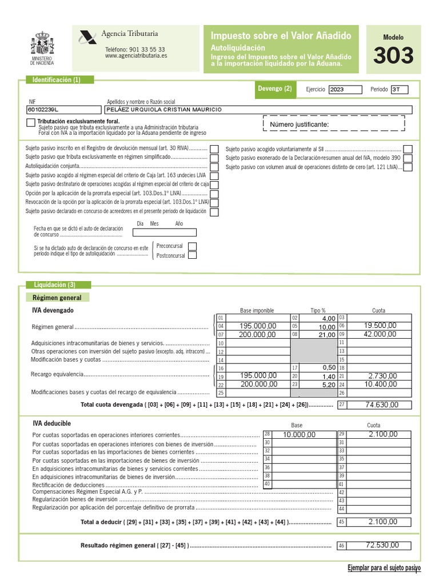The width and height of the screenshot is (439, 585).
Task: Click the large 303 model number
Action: (x=393, y=56)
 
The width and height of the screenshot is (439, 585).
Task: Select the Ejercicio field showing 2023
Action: (x=345, y=89)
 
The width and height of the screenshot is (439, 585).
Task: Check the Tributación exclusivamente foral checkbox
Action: (x=30, y=123)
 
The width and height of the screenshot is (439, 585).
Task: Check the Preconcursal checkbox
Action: (x=192, y=246)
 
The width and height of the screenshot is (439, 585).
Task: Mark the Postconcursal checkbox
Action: (x=192, y=255)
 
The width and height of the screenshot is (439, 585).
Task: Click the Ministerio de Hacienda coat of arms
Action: (x=42, y=44)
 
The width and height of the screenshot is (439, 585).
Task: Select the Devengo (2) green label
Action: (x=275, y=89)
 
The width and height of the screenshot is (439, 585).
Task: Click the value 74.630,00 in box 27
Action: (x=382, y=404)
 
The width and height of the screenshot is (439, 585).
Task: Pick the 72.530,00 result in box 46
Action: (x=382, y=545)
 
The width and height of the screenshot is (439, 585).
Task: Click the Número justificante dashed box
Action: (x=333, y=124)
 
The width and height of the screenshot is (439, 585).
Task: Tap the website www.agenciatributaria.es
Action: (x=136, y=57)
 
